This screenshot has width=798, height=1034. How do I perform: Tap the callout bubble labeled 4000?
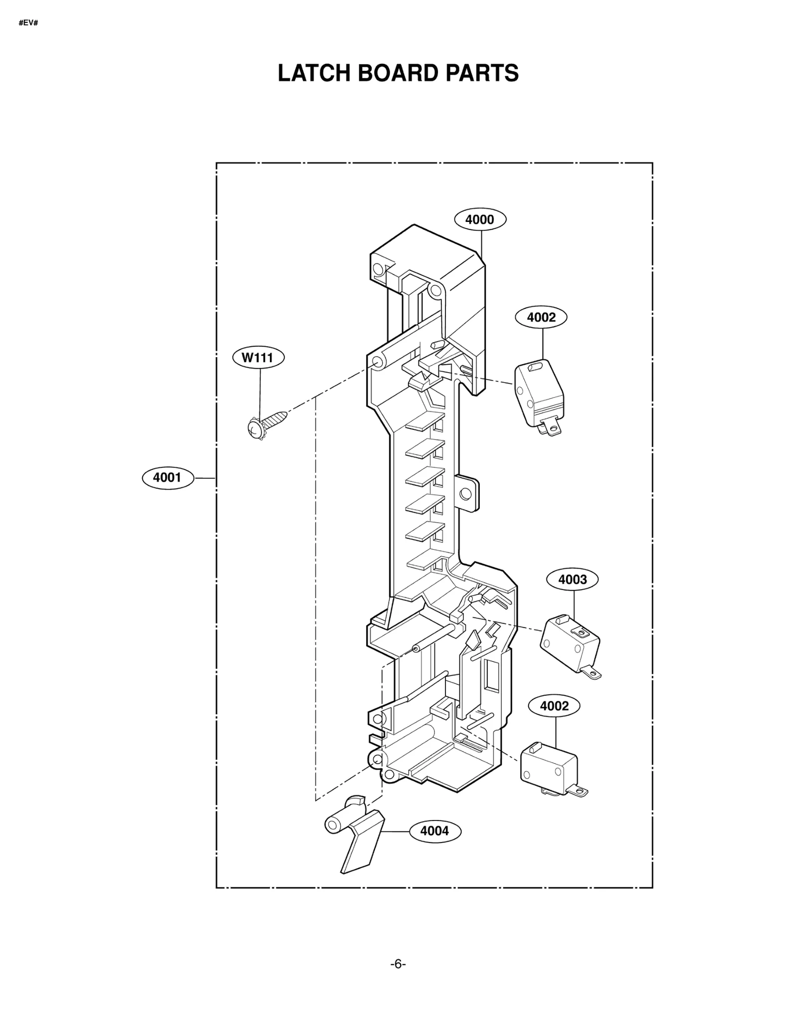coord(480,219)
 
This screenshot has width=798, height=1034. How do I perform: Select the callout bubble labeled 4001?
coord(167,477)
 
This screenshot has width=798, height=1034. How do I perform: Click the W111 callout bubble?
coord(258,358)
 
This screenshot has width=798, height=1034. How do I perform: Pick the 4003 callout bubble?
coord(572,579)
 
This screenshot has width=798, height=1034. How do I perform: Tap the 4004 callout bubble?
coord(435,830)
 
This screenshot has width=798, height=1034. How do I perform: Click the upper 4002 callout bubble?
coord(541,317)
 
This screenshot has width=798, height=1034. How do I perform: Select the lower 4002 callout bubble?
coord(554,706)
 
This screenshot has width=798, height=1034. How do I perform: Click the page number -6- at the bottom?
coord(398,964)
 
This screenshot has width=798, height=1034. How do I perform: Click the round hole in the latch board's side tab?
coord(465,494)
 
